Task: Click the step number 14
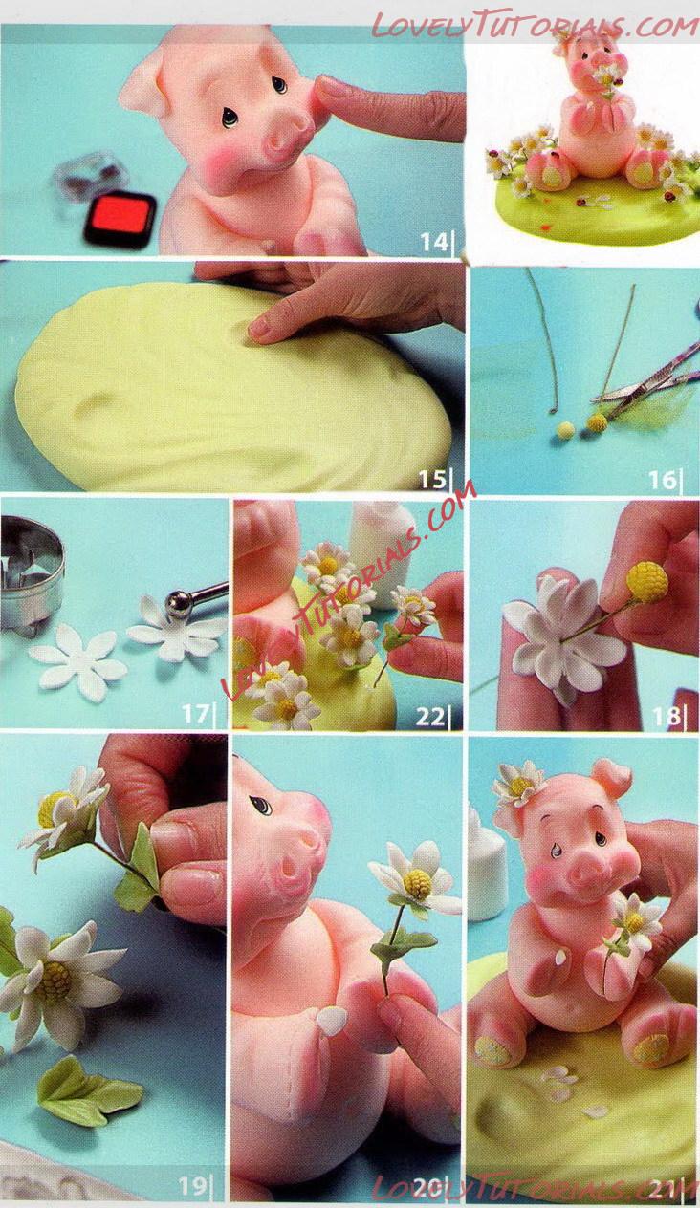pyautogui.click(x=434, y=242)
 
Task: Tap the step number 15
pyautogui.click(x=433, y=479)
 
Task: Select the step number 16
pyautogui.click(x=662, y=479)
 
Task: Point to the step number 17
pyautogui.click(x=195, y=714)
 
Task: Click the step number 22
pyautogui.click(x=430, y=717)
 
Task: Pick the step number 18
pyautogui.click(x=665, y=716)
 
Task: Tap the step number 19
pyautogui.click(x=192, y=1185)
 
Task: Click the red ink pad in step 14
pyautogui.click(x=120, y=220)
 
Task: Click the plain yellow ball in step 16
pyautogui.click(x=565, y=430)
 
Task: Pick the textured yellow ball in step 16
pyautogui.click(x=597, y=422)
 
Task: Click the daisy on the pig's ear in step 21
pyautogui.click(x=518, y=785)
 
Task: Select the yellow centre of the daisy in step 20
pyautogui.click(x=418, y=882)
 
